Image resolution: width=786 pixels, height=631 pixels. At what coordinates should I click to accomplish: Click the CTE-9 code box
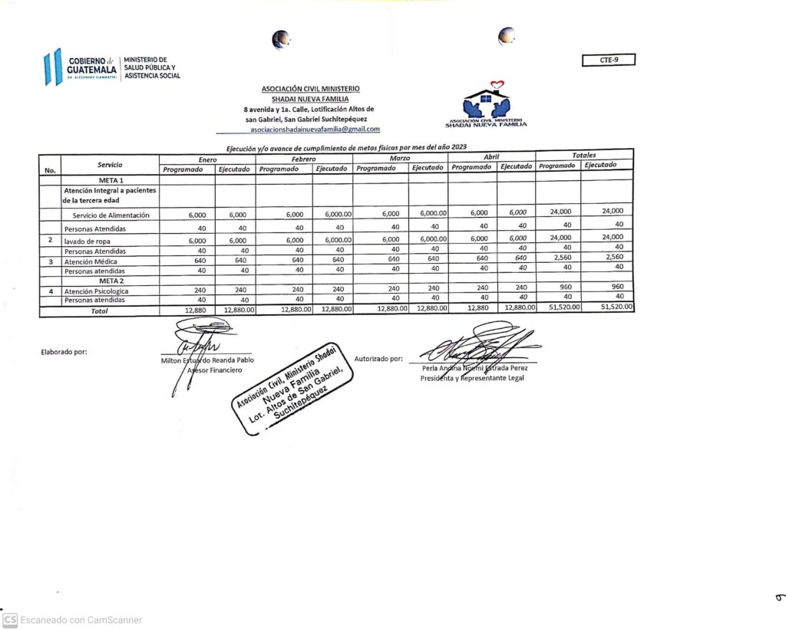click(x=608, y=60)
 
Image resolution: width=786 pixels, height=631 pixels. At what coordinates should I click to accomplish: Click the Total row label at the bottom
click(x=100, y=311)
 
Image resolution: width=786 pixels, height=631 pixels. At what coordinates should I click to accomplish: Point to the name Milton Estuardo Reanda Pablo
click(x=207, y=360)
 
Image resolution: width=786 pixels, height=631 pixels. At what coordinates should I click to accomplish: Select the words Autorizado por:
click(x=378, y=358)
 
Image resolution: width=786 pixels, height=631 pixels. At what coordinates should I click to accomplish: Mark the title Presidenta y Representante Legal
click(x=472, y=378)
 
